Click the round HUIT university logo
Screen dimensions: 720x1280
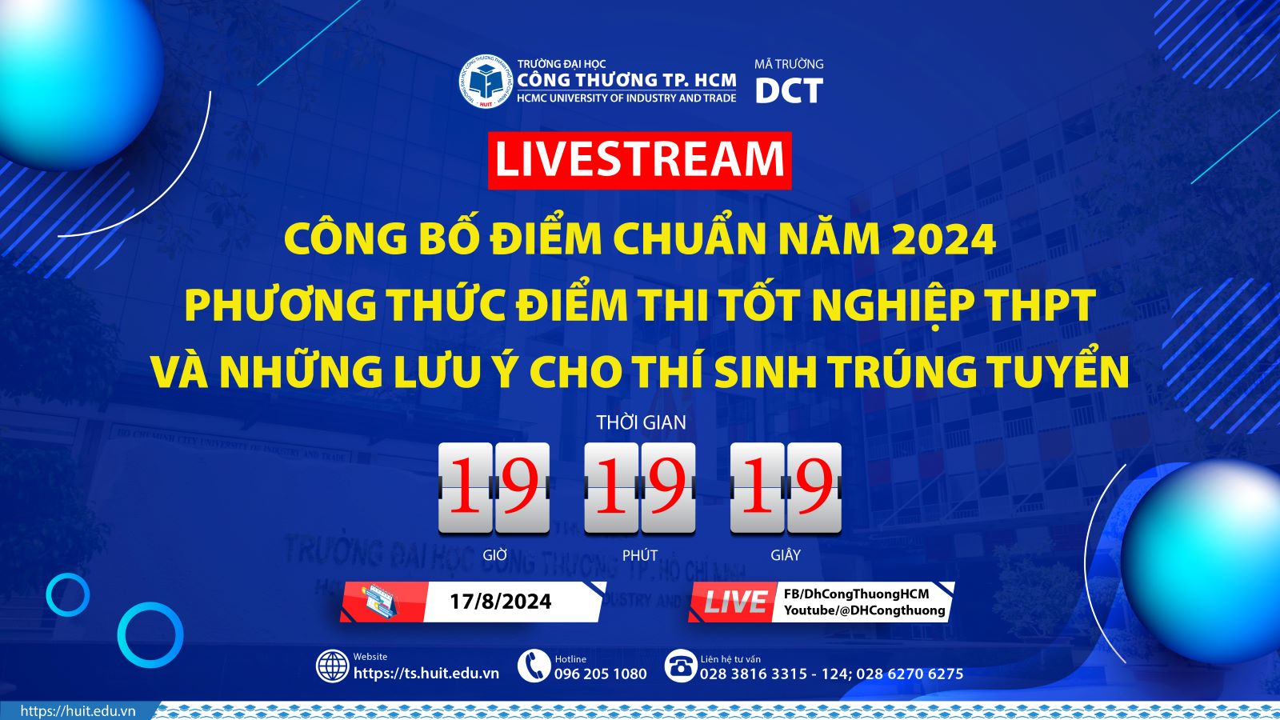485,82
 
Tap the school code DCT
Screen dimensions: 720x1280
789,91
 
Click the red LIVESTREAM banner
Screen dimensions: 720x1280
639,160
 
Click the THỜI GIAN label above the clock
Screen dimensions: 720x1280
641,422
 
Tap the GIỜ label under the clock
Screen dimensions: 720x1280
494,555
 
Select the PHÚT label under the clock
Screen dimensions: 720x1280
640,555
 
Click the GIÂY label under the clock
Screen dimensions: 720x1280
786,555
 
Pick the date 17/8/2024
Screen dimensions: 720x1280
501,602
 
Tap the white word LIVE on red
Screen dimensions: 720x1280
734,602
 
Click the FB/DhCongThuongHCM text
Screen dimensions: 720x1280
856,594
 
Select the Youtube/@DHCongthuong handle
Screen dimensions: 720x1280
864,610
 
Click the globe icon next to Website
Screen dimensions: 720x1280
333,666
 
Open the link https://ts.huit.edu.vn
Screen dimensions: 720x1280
426,674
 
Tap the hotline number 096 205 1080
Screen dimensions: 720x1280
601,674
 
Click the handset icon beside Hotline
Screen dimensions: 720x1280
533,666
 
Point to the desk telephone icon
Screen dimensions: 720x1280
681,666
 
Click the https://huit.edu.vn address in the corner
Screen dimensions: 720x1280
78,711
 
